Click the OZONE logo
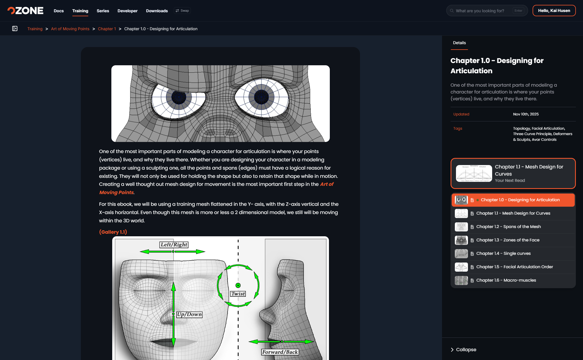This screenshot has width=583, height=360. pyautogui.click(x=25, y=11)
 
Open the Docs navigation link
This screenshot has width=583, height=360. pyautogui.click(x=59, y=11)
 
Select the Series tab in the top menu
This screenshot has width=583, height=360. pyautogui.click(x=103, y=11)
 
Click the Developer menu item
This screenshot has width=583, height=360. pyautogui.click(x=128, y=11)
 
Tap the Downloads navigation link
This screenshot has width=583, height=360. pyautogui.click(x=157, y=11)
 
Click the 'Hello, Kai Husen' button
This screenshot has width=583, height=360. pyautogui.click(x=554, y=11)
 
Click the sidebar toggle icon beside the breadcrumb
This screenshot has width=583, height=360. pyautogui.click(x=15, y=29)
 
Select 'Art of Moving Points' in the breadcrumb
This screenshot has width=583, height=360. pyautogui.click(x=70, y=29)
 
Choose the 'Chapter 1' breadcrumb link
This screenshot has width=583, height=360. pyautogui.click(x=107, y=29)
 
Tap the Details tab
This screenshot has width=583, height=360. pyautogui.click(x=459, y=43)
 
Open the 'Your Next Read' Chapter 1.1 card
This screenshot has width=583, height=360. pyautogui.click(x=513, y=173)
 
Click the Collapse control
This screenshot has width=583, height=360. pyautogui.click(x=463, y=349)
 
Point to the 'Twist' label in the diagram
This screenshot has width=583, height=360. pyautogui.click(x=238, y=294)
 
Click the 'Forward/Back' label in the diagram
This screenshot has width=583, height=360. pyautogui.click(x=280, y=352)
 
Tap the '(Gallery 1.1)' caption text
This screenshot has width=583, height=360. pyautogui.click(x=113, y=232)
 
